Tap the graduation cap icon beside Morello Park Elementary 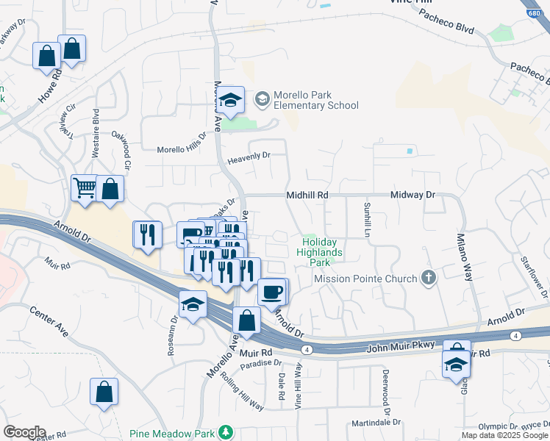coord(231,101)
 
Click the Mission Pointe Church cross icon coord(429,279)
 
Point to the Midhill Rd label coord(307,196)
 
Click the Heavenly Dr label coord(249,156)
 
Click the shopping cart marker coord(84,187)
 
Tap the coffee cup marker coord(271,292)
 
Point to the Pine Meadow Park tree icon coord(228,433)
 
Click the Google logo coord(24,432)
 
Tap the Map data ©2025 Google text coord(504,435)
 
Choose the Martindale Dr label coord(376,423)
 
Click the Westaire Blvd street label coord(96,134)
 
